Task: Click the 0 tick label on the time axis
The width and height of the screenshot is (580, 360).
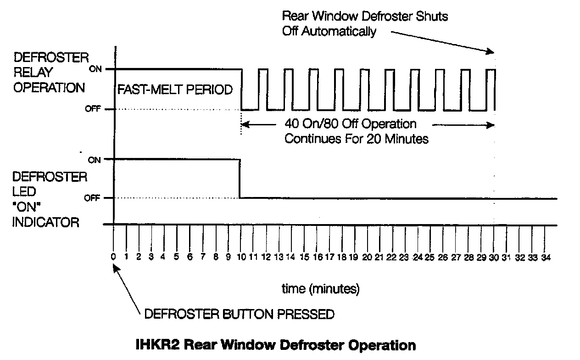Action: (113, 258)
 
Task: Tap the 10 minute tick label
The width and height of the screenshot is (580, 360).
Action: (240, 258)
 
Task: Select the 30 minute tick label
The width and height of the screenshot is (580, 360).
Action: (493, 258)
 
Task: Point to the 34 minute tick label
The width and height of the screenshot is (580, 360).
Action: (545, 258)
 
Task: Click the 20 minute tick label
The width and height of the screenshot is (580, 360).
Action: (366, 258)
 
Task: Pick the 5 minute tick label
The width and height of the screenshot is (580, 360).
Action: (176, 258)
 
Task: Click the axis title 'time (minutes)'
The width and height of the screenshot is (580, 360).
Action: (321, 289)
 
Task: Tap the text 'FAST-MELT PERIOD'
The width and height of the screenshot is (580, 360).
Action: (175, 90)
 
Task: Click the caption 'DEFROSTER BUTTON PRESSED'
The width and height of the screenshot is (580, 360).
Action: (239, 315)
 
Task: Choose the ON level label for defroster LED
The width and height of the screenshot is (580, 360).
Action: (94, 160)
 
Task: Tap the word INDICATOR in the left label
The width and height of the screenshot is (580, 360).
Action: (46, 223)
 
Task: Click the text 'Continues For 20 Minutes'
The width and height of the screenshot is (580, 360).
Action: (357, 139)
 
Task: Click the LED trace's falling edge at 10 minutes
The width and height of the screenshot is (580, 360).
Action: (240, 179)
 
